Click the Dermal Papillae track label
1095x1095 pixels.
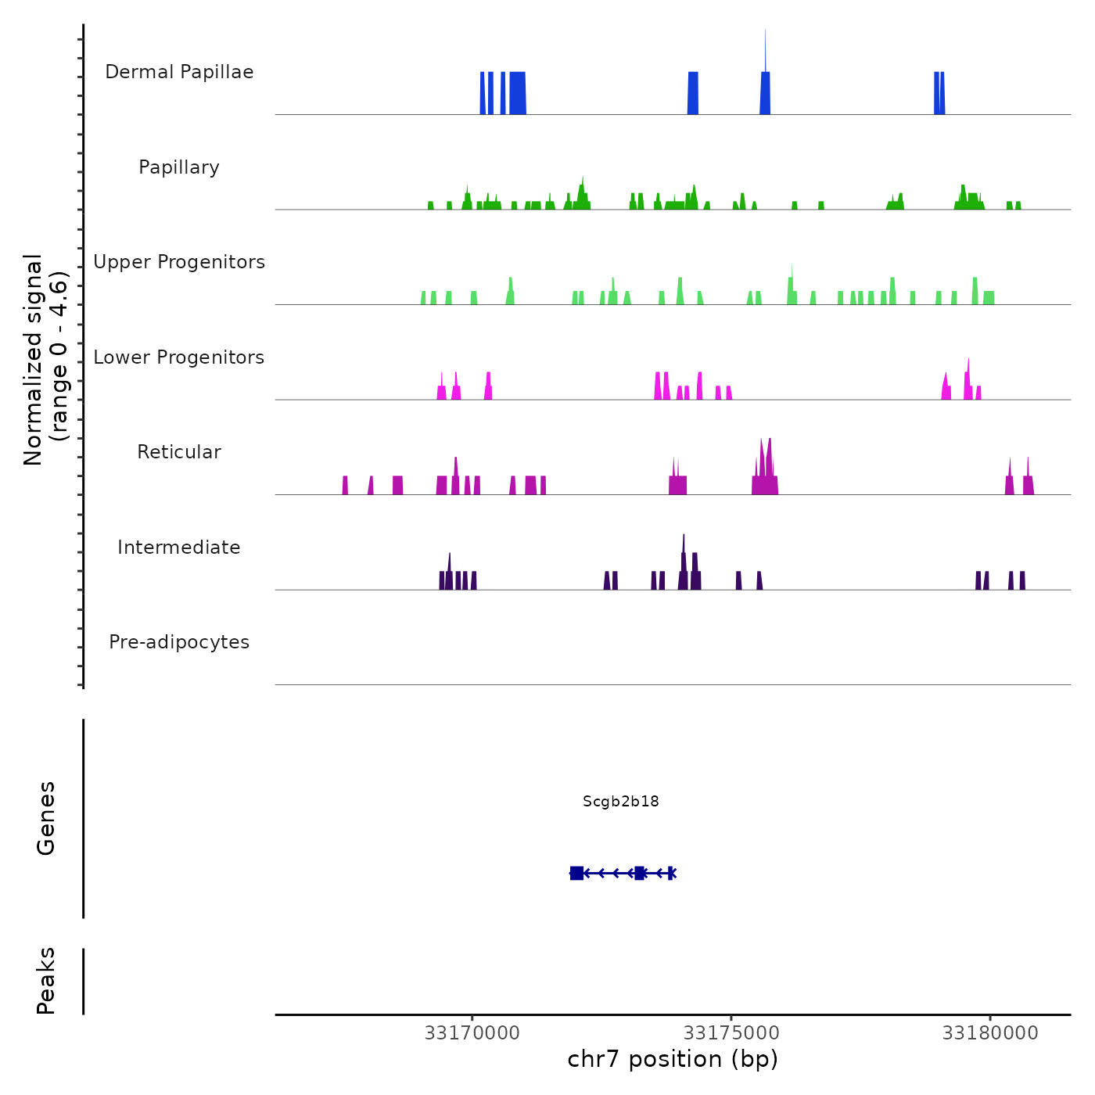click(179, 72)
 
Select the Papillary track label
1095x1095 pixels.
click(179, 167)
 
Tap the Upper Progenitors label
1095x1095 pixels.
click(179, 262)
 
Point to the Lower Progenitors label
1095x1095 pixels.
click(179, 357)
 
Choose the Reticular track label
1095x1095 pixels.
click(179, 452)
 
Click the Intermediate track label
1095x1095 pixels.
click(179, 547)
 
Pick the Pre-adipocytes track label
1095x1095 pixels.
click(179, 642)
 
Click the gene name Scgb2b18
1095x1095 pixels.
click(621, 801)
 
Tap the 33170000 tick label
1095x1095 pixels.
click(472, 1033)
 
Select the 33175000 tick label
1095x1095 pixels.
click(731, 1033)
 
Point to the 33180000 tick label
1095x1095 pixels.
click(990, 1033)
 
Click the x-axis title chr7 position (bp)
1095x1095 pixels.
click(673, 1059)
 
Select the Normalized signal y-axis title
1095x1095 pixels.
click(45, 360)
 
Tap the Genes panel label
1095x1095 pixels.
click(46, 818)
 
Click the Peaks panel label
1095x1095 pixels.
click(46, 981)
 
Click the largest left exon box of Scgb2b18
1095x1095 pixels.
click(576, 873)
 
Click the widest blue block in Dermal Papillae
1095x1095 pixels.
click(517, 93)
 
